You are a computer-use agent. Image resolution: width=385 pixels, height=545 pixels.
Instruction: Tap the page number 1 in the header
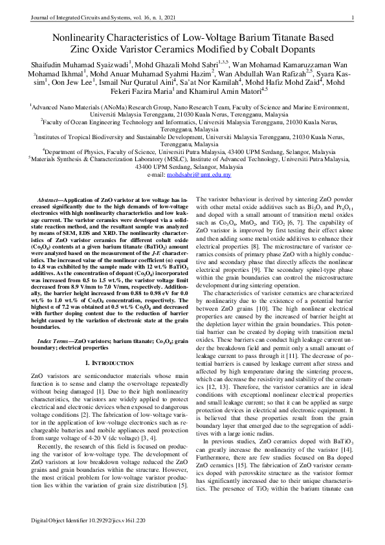351,17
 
